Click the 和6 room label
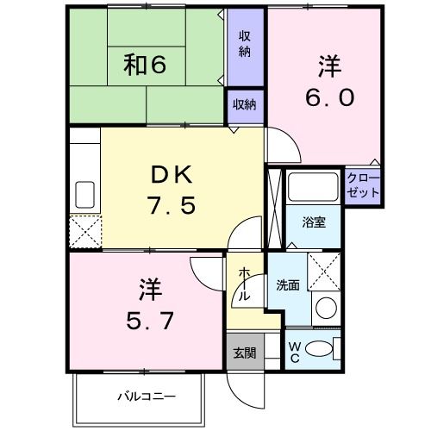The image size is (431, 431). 145,65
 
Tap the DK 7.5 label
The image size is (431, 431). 172,191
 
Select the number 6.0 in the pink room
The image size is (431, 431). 329,97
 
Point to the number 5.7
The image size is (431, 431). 150,321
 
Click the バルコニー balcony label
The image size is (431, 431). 147,397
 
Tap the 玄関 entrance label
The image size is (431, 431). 245,353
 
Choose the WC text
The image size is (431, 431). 295,353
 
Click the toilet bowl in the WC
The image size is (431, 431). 319,349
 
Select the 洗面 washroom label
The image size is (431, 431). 288,285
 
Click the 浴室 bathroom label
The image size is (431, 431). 314,222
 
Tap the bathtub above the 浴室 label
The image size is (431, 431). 313,187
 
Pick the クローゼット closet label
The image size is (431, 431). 363,185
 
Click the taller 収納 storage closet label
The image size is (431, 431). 245,44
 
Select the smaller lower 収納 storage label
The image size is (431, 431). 245,104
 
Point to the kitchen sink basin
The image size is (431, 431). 84,195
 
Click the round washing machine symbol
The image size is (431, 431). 326,308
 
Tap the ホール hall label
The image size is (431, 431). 244,284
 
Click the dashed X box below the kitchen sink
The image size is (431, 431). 85,231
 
